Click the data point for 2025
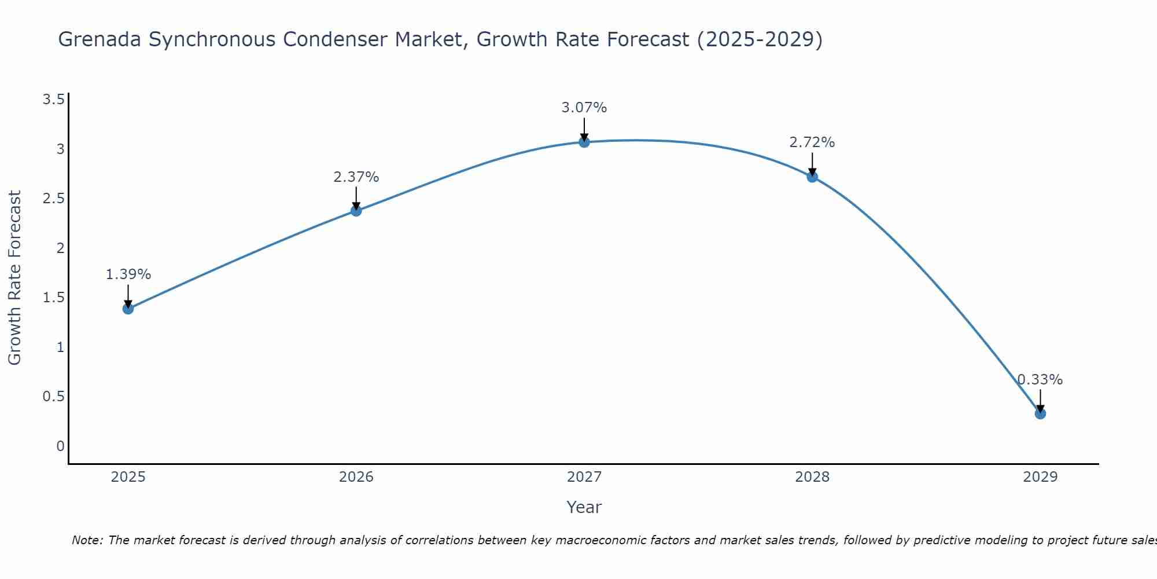[x=128, y=309]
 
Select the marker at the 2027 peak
[x=584, y=142]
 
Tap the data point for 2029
[x=1040, y=413]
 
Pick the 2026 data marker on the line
[x=356, y=211]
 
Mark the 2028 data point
[x=812, y=177]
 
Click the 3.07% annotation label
[x=584, y=108]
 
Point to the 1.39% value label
[x=128, y=274]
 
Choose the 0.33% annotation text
[x=1040, y=380]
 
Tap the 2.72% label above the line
[x=812, y=142]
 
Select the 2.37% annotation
[x=356, y=177]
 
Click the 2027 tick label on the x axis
[x=584, y=477]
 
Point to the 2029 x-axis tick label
[x=1040, y=477]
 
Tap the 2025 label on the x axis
[x=128, y=477]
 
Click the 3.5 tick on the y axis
[x=53, y=100]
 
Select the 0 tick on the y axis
[x=60, y=446]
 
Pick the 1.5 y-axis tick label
[x=53, y=298]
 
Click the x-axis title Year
[x=584, y=507]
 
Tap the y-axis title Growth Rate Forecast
[x=14, y=278]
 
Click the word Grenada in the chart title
[x=100, y=39]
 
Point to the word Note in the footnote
[x=87, y=540]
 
